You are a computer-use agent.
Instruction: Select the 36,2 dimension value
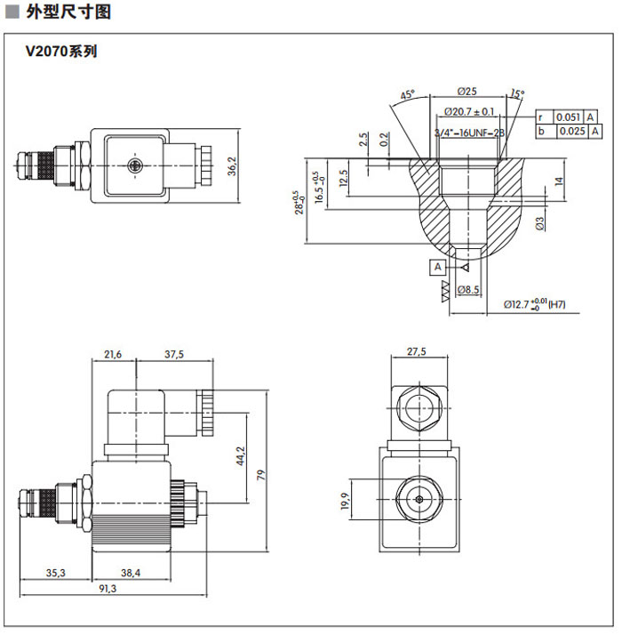click(232, 165)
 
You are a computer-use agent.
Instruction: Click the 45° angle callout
click(408, 95)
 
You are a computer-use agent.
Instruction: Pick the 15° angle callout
click(518, 92)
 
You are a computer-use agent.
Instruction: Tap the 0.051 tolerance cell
click(568, 117)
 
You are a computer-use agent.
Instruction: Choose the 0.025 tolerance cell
click(570, 132)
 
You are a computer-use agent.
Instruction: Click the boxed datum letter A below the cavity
click(437, 266)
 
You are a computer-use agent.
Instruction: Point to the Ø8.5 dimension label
click(468, 290)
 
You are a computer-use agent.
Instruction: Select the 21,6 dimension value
click(113, 354)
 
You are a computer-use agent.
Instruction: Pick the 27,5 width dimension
click(417, 351)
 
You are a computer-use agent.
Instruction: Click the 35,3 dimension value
click(56, 573)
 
